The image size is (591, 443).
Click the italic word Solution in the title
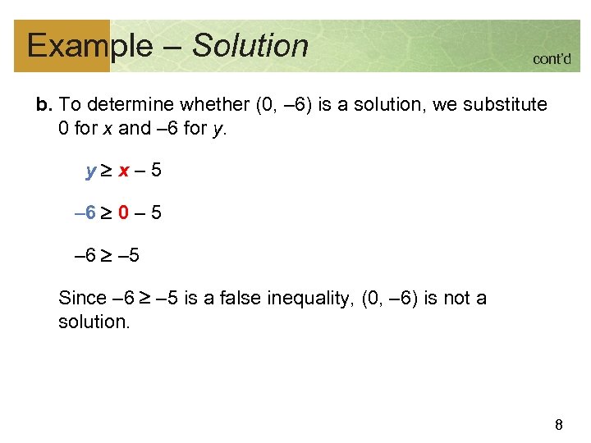pos(250,45)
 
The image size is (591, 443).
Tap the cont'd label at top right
pos(552,59)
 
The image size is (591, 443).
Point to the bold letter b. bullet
pos(44,105)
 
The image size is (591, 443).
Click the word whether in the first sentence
pos(217,105)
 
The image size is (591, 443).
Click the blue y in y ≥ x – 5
pos(90,172)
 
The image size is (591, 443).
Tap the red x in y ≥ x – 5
pos(122,172)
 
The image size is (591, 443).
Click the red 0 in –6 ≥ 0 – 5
pos(121,214)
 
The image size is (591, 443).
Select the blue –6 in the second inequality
pos(85,214)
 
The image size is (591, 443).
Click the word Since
pos(82,299)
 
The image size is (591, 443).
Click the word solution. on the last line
pos(94,322)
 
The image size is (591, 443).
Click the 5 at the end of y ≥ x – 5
pos(156,172)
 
